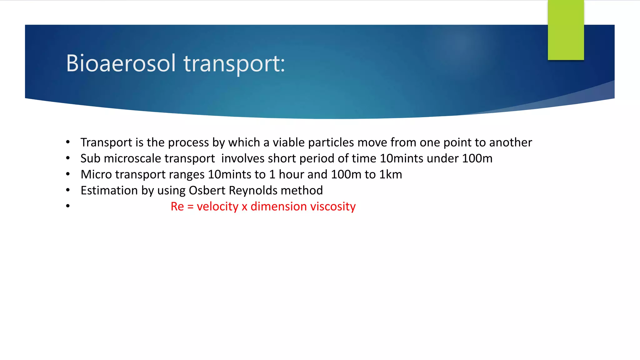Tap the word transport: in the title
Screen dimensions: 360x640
(x=234, y=64)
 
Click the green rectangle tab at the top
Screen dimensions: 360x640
(x=566, y=30)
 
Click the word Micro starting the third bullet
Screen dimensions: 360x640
(x=96, y=174)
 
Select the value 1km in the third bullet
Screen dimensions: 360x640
(x=390, y=174)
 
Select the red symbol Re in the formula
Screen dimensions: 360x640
(x=177, y=207)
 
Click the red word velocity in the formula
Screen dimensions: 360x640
(x=217, y=207)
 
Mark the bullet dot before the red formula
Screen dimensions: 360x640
(x=68, y=206)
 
